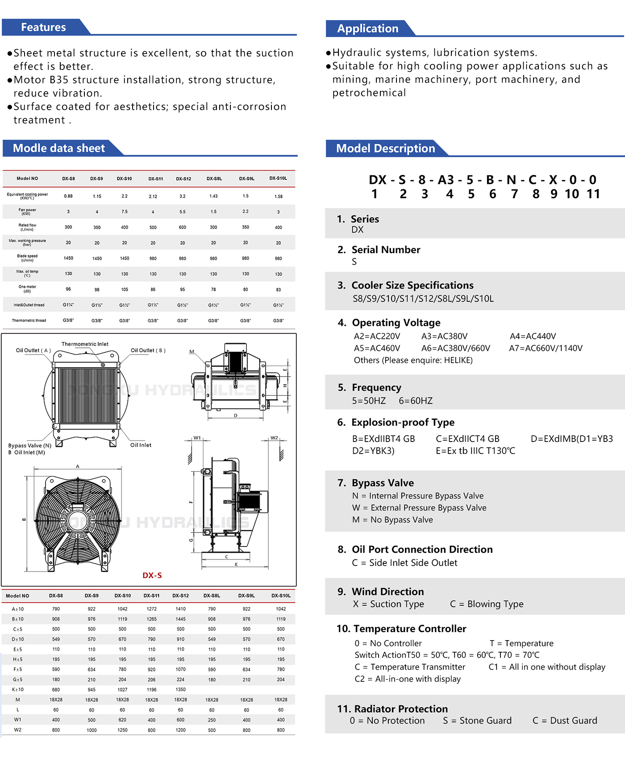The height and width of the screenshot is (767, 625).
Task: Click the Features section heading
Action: [43, 27]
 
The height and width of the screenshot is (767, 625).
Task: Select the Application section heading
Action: [367, 29]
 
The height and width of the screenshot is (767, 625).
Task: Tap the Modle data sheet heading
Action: [58, 148]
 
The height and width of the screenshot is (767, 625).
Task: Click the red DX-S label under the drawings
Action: [152, 575]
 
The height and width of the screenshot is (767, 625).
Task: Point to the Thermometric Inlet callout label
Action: [85, 344]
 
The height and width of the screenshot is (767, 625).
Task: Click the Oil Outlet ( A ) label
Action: [33, 350]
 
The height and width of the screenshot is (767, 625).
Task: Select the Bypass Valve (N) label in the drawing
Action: [29, 446]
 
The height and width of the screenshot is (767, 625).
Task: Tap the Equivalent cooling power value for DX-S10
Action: [125, 196]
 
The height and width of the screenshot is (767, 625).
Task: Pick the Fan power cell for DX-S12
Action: [183, 212]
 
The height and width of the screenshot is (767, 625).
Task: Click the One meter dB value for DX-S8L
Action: [213, 290]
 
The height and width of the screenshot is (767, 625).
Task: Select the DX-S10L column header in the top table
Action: [278, 179]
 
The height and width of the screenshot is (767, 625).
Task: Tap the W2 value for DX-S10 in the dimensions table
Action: [122, 730]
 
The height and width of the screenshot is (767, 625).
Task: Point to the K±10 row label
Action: [17, 690]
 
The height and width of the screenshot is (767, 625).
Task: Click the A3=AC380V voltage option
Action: [444, 336]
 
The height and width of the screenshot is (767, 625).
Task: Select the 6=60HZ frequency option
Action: [416, 401]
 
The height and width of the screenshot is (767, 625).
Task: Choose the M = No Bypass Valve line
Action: [392, 520]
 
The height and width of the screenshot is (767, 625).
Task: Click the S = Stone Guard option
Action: [477, 721]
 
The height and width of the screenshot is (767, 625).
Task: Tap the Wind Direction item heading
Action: [387, 592]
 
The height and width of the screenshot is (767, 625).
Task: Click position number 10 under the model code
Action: [571, 194]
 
